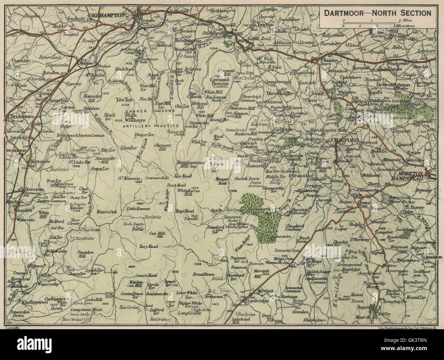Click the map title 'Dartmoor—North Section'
[377, 13]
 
